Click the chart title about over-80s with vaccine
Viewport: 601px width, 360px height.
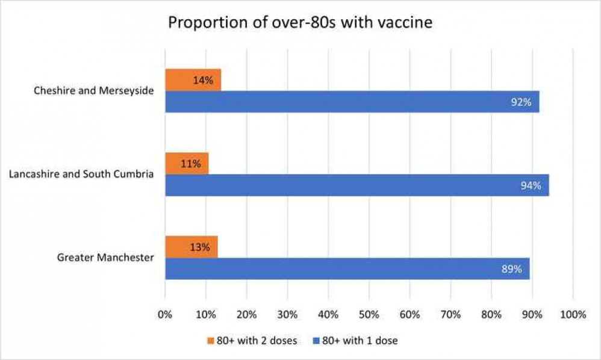(300, 22)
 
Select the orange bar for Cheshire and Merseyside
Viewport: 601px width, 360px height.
(193, 79)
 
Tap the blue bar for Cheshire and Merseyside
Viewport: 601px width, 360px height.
(352, 102)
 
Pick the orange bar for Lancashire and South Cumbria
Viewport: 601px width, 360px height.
(187, 163)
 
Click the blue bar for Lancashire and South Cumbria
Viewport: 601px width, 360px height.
(357, 185)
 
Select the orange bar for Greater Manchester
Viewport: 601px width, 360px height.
(191, 246)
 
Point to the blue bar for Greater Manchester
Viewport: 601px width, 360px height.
(347, 268)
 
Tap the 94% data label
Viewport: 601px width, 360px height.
(531, 185)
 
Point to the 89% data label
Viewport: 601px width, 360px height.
(511, 268)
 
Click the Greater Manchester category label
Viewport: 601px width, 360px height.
(105, 258)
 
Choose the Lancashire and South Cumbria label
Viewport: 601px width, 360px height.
(81, 175)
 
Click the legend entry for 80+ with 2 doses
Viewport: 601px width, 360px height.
(251, 341)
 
